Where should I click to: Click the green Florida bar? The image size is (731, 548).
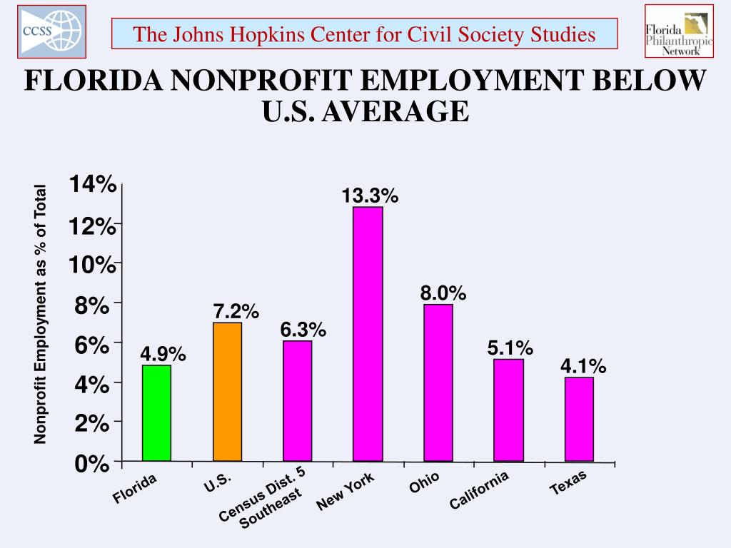coord(156,413)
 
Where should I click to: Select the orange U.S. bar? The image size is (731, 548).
coord(227,392)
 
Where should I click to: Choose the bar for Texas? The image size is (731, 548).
coord(579,419)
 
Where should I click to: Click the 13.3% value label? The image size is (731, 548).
coord(369,196)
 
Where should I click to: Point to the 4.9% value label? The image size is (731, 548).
coord(163,354)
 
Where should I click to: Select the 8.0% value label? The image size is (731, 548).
coord(443,293)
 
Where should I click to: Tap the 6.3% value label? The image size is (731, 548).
coord(303,330)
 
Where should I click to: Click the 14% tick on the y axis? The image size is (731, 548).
coord(92,185)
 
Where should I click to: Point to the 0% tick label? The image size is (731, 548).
coord(94,464)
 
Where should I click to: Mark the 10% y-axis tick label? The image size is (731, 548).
coord(92,265)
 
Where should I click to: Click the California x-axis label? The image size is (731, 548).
coord(478,491)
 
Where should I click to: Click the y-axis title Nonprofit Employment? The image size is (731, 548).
coord(41,314)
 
